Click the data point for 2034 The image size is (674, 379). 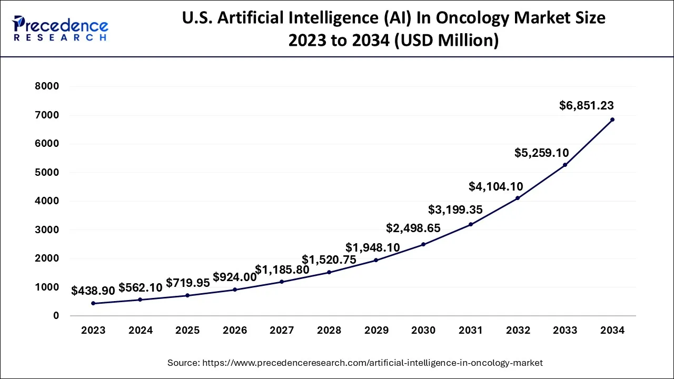tap(612, 119)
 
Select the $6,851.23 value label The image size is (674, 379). tap(586, 106)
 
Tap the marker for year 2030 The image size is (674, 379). tap(423, 244)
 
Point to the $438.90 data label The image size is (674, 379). tap(93, 290)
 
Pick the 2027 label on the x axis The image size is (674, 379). tap(282, 331)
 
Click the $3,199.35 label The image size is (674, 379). tap(455, 210)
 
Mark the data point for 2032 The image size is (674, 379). tap(518, 198)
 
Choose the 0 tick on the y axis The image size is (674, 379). tap(56, 316)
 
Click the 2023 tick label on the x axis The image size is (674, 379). tap(93, 331)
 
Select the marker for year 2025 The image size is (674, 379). tap(187, 295)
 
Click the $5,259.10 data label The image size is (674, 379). tap(542, 153)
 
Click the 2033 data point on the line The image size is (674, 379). tap(565, 165)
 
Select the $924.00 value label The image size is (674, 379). tap(234, 277)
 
